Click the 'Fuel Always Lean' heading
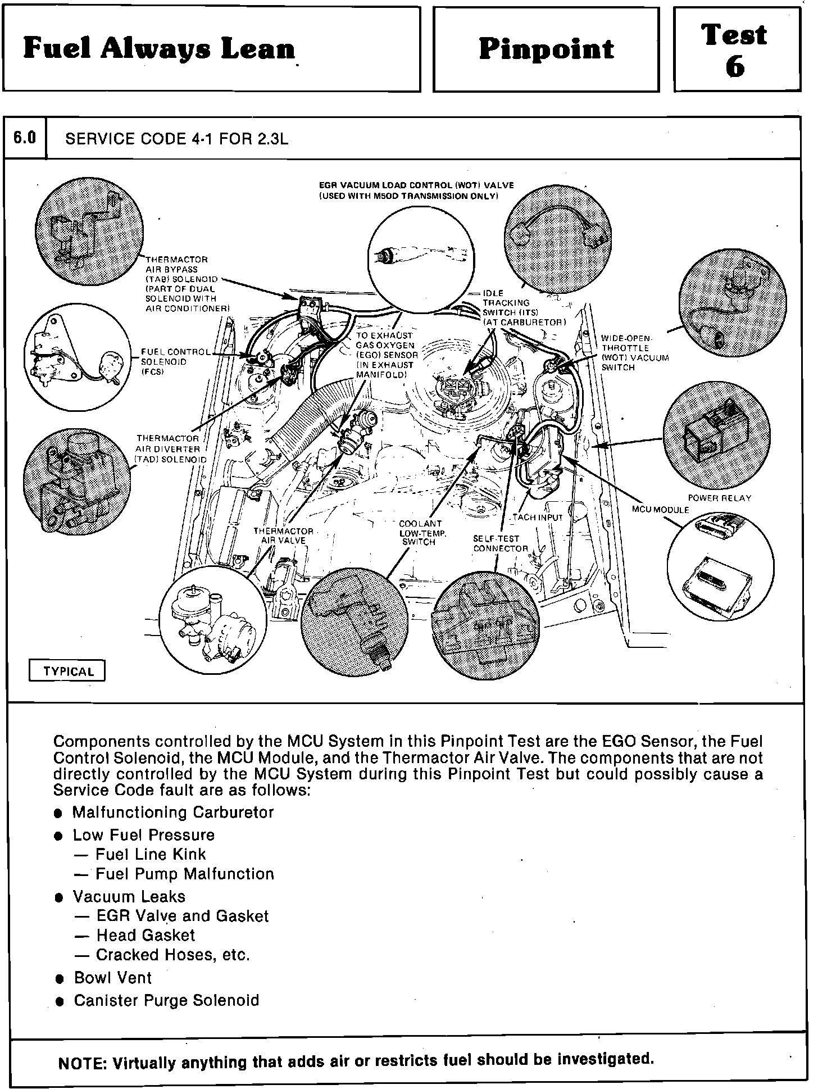point(159,49)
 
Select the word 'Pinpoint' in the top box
point(546,49)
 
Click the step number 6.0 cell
point(25,138)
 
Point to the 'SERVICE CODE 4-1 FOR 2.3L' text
point(177,139)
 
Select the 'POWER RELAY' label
point(719,498)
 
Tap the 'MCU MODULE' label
point(660,510)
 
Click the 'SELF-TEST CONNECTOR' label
point(500,543)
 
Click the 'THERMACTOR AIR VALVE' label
point(283,536)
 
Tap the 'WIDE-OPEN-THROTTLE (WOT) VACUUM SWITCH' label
point(635,353)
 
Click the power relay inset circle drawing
point(716,433)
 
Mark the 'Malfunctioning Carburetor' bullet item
point(172,812)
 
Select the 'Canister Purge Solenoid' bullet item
point(166,1000)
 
